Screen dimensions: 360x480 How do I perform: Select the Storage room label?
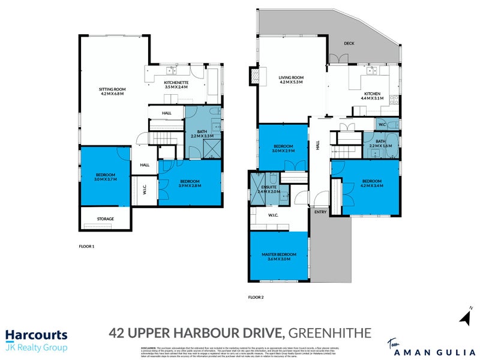click(x=105, y=219)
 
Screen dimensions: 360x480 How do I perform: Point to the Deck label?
click(x=349, y=43)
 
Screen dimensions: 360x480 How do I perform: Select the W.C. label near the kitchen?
click(x=382, y=124)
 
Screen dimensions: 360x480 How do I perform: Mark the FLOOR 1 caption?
click(x=88, y=247)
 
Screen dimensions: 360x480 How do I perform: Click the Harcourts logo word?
click(x=36, y=335)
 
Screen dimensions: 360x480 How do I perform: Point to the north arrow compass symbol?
click(x=466, y=316)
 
